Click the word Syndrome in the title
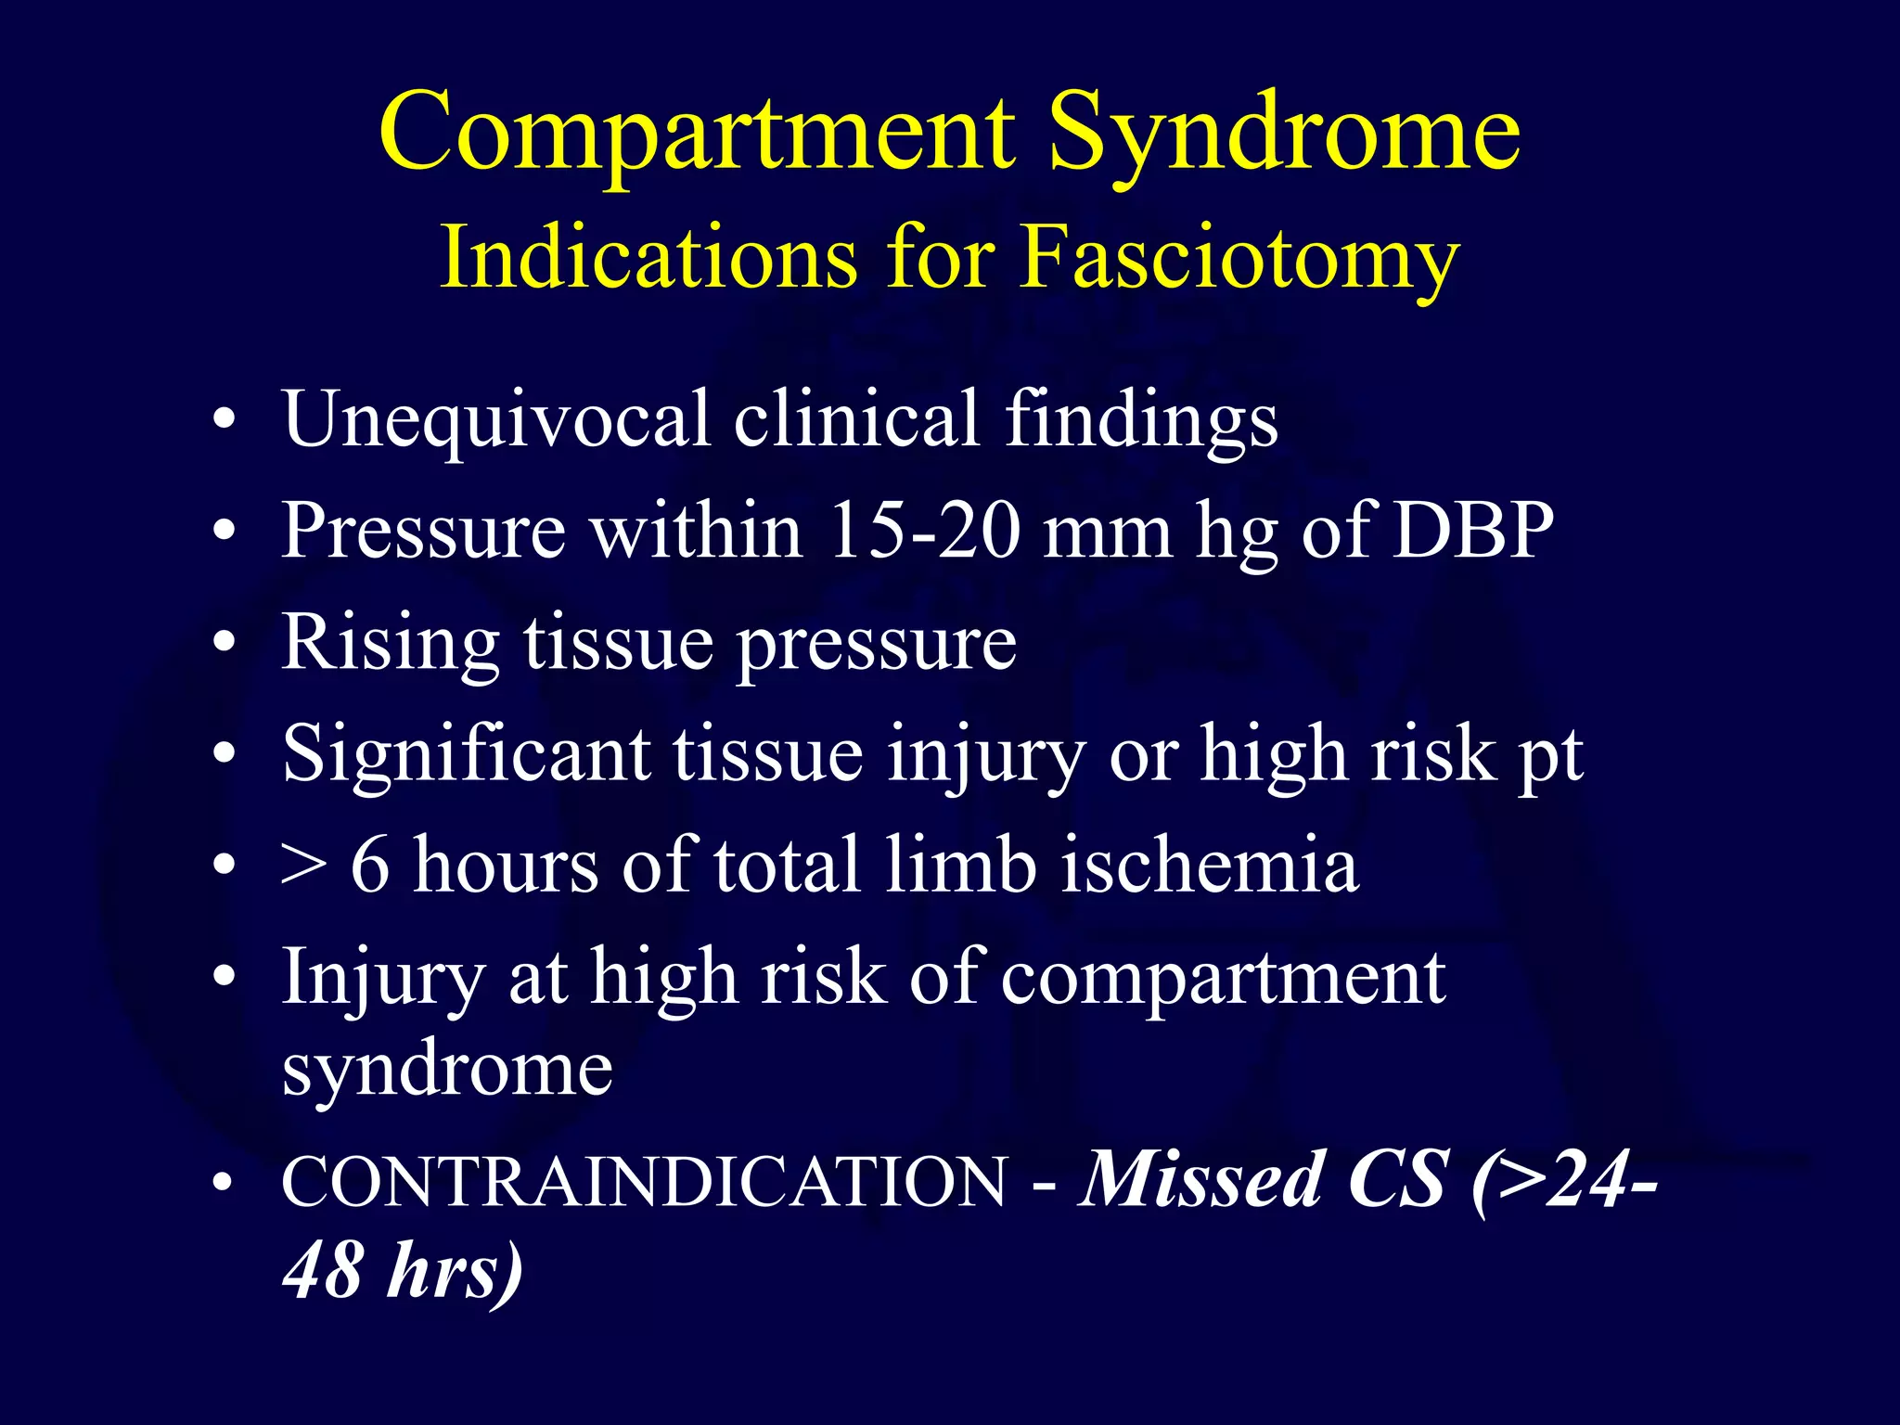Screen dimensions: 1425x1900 point(1284,135)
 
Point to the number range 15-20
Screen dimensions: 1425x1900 point(924,531)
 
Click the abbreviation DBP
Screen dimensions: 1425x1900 point(1473,531)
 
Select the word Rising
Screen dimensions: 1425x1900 point(391,645)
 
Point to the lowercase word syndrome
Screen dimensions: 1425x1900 point(447,1070)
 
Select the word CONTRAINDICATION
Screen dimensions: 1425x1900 point(644,1182)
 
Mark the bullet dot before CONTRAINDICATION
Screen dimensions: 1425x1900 point(224,1183)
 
